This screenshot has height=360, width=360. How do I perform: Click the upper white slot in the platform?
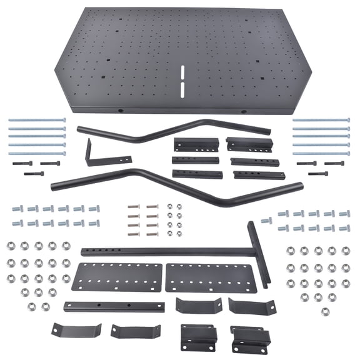tap(182, 72)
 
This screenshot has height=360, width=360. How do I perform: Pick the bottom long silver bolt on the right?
tap(321, 153)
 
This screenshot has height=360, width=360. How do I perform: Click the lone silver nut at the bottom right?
tap(325, 311)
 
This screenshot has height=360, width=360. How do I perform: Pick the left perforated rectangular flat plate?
tap(117, 277)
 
